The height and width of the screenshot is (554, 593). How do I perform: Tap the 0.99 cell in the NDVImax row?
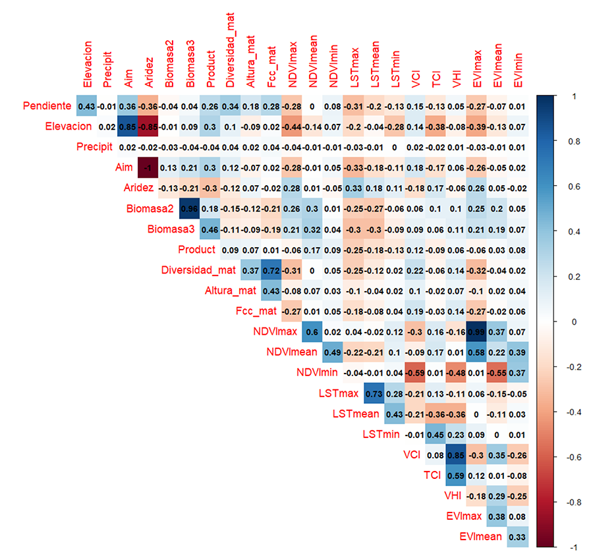point(476,332)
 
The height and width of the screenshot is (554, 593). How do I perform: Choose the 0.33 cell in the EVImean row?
point(518,538)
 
